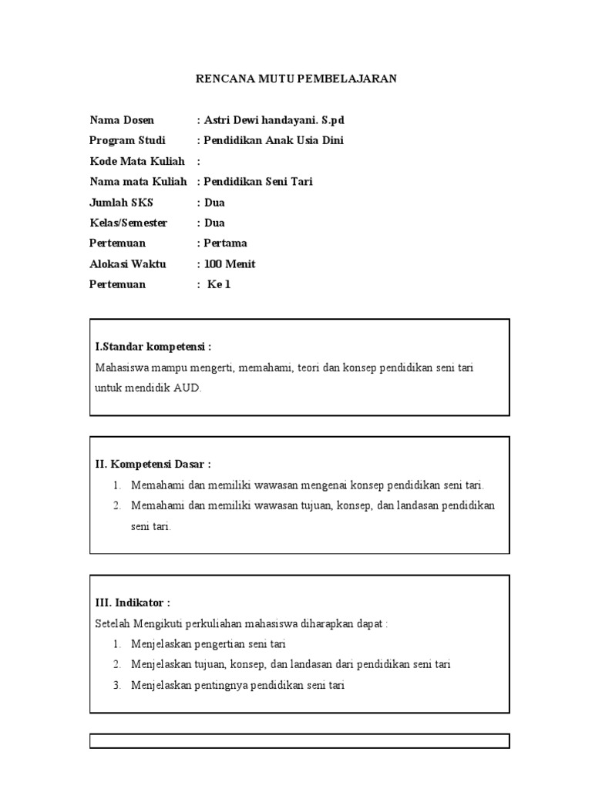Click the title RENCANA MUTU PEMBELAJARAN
point(296,79)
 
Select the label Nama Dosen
point(122,120)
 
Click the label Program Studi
point(127,140)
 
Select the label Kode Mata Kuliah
point(136,161)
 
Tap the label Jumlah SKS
point(121,203)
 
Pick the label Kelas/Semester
point(128,223)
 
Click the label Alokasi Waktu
point(127,264)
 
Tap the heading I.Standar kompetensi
point(153,347)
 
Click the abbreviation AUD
point(187,388)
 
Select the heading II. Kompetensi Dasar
point(153,464)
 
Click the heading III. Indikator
point(132,603)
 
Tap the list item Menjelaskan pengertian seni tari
point(208,644)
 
